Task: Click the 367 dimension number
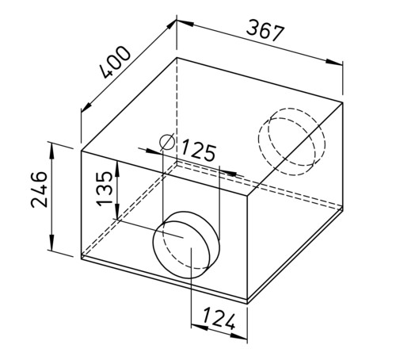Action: point(265,31)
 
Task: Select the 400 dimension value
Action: point(116,63)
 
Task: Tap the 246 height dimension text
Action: point(40,190)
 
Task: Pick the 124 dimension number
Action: point(219,318)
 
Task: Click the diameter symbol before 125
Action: point(167,142)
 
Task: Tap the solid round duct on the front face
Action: point(186,244)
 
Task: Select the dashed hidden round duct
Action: point(291,141)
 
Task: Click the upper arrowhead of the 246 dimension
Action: point(51,151)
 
